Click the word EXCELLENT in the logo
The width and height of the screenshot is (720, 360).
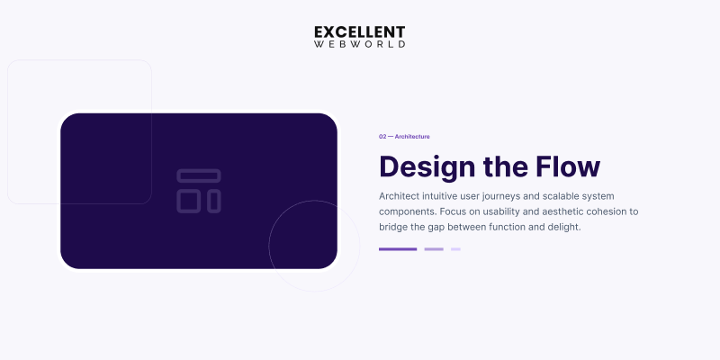[x=360, y=32]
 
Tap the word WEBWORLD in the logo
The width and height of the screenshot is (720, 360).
[x=360, y=44]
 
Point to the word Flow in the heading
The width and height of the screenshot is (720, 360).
[x=568, y=167]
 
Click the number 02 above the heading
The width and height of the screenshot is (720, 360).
[x=382, y=137]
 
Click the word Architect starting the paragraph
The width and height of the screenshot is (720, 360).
[x=401, y=196]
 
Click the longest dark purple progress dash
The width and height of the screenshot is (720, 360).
[x=398, y=249]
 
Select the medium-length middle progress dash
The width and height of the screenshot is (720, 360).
[x=434, y=249]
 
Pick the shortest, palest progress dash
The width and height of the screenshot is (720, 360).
[x=456, y=249]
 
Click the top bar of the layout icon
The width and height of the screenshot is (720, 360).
[x=199, y=175]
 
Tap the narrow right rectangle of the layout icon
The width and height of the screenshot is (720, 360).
[x=214, y=201]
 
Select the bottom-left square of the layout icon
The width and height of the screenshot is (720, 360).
[x=189, y=201]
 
